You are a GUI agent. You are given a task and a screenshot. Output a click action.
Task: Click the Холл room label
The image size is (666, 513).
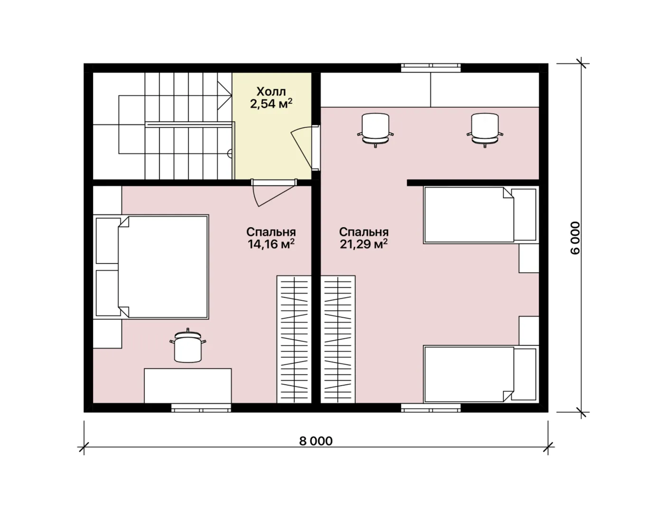(271, 91)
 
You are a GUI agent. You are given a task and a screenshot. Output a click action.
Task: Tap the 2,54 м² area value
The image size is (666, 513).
(271, 104)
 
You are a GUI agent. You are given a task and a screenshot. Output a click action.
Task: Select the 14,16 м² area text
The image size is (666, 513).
(271, 244)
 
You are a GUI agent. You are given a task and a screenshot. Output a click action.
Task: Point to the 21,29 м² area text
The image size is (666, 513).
(363, 244)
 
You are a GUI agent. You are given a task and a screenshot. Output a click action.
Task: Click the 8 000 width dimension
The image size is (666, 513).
(315, 441)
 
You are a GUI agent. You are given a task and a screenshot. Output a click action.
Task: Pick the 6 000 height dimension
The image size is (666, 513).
(575, 238)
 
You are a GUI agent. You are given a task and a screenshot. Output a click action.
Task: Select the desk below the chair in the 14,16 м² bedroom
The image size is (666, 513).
(187, 386)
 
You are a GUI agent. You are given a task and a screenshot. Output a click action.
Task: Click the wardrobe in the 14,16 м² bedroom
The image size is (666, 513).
(294, 339)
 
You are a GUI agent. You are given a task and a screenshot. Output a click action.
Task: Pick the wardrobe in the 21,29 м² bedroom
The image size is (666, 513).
(338, 339)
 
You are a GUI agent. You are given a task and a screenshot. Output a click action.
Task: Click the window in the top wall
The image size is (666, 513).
(431, 67)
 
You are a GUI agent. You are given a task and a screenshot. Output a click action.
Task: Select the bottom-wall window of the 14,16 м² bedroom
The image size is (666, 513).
(201, 408)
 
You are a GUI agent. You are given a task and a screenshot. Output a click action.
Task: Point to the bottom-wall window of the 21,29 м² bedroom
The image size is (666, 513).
(431, 408)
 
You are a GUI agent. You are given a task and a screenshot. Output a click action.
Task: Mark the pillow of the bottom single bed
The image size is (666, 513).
(525, 374)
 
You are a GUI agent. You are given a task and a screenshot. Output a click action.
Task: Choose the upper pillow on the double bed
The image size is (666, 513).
(108, 240)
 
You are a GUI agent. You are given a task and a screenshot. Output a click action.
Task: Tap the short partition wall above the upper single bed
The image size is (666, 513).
(473, 183)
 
